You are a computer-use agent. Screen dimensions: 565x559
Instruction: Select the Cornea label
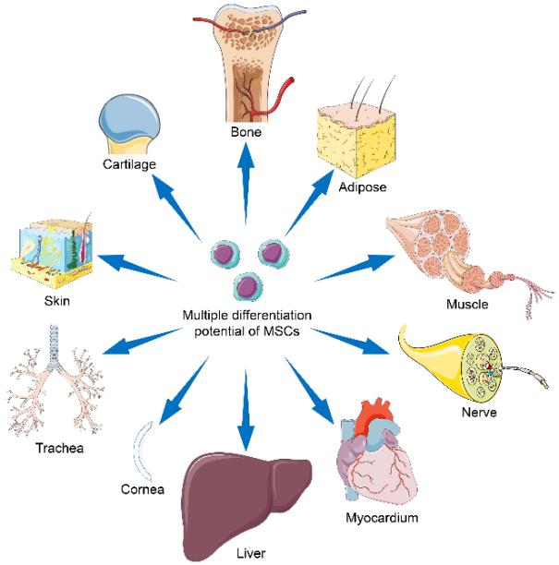(x=141, y=489)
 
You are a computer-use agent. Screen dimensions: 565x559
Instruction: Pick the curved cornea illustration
(x=140, y=447)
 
